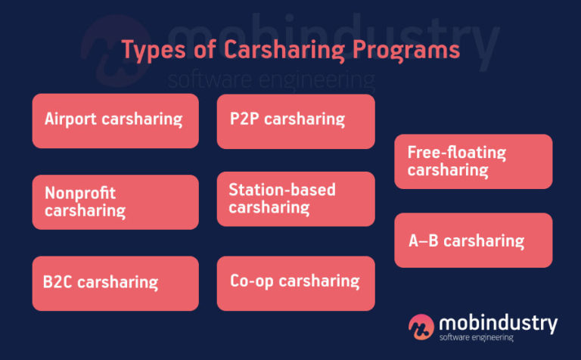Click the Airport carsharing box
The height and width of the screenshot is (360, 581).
point(115,120)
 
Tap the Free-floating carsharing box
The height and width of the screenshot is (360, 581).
point(473,161)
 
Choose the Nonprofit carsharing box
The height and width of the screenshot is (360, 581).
point(115,202)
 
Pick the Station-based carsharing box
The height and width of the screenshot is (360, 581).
point(295,199)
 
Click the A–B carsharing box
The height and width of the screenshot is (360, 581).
point(473,241)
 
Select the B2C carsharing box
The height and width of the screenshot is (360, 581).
point(115,283)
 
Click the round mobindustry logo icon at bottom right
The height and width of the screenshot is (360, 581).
point(421,326)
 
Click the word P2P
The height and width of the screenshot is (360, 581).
point(244,119)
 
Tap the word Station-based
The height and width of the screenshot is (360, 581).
point(281,190)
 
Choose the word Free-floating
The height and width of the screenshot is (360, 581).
point(456,152)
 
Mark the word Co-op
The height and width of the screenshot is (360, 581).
point(252,281)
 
